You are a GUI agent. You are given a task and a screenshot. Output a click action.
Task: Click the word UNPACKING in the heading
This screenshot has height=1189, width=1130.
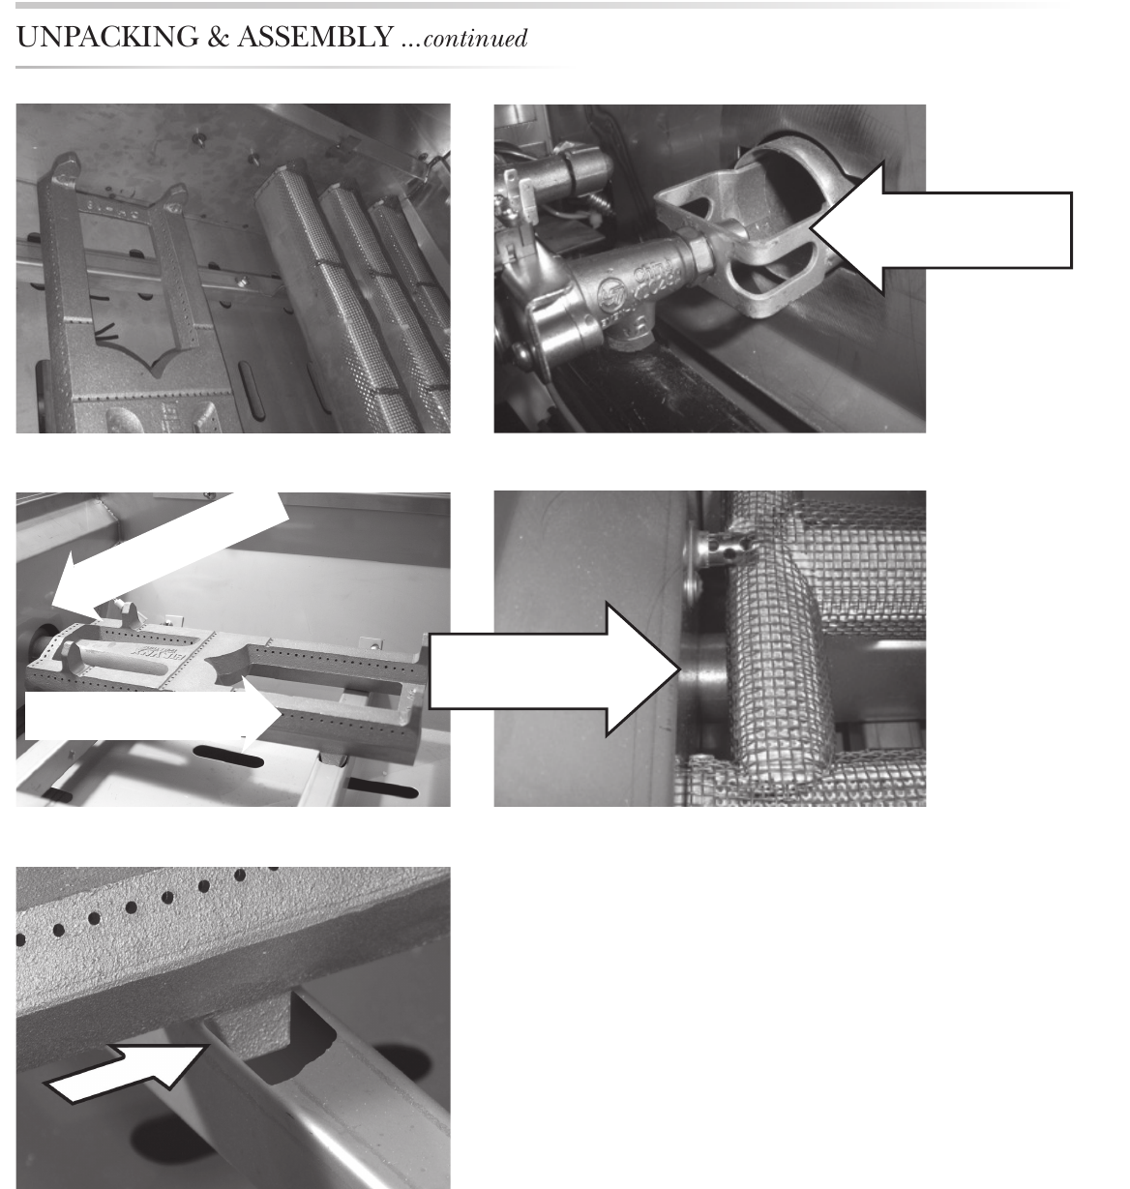point(107,37)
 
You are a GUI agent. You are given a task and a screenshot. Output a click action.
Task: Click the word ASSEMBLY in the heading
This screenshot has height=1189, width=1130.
point(315,37)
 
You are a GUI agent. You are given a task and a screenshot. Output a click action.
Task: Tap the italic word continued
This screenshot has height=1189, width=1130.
point(475,39)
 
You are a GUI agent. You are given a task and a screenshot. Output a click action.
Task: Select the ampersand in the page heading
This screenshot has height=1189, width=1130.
point(218,37)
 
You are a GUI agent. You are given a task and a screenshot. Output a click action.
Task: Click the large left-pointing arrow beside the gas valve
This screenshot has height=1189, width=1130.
point(940,230)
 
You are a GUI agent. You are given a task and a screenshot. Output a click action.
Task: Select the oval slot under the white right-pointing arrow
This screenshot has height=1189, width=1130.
point(228,756)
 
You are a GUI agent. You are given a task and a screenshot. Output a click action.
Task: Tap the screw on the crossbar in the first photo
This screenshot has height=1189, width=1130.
point(242,282)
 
